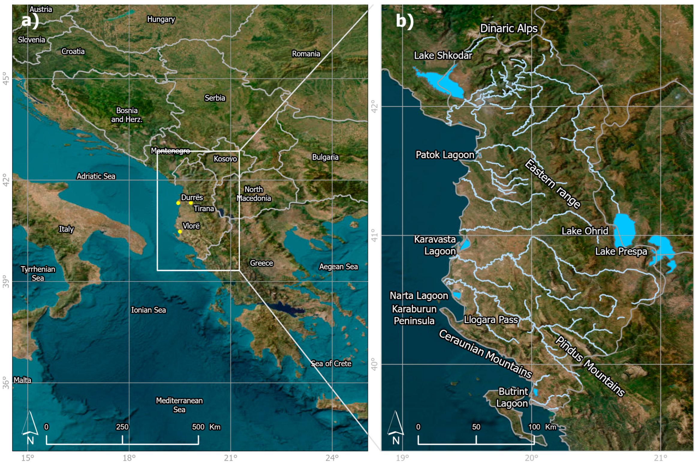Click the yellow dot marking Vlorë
coord(180,231)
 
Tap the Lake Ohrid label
coord(585,231)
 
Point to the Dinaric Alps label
coord(509,28)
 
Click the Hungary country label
coord(161,19)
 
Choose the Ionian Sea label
coord(148,310)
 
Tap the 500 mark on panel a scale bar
coord(198,427)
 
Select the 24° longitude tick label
coord(332,458)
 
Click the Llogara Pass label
coord(491,320)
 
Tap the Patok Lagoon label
coord(445,155)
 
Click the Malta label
coord(22,380)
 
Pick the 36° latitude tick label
coord(6,383)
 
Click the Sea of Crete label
coord(331,364)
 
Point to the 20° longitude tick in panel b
coord(531,458)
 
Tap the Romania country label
coord(306,54)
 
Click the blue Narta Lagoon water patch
coord(457,295)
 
